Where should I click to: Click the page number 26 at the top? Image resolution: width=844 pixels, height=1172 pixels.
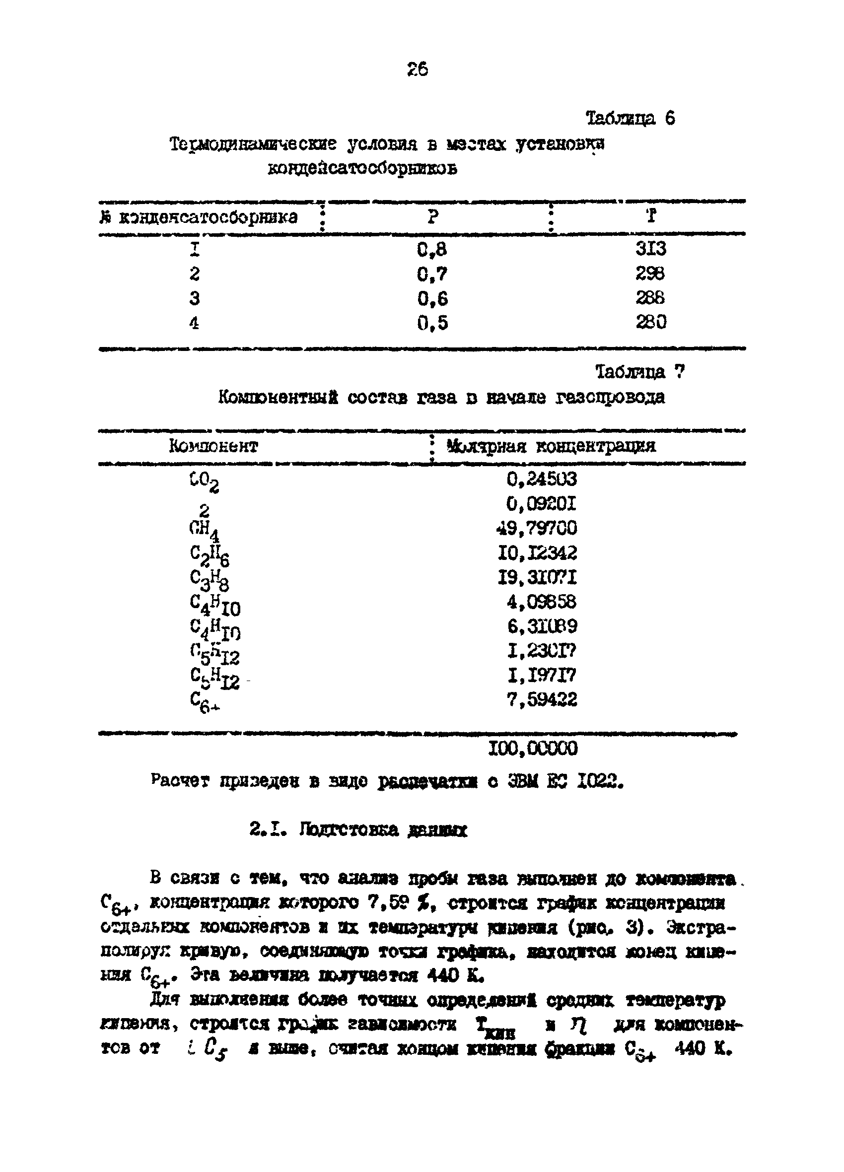tap(418, 69)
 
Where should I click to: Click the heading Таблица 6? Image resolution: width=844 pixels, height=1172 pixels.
tap(630, 119)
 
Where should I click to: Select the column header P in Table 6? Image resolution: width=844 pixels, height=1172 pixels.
tap(433, 216)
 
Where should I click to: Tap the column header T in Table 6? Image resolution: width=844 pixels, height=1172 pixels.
tap(651, 215)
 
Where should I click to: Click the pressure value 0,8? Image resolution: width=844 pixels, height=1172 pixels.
tap(432, 250)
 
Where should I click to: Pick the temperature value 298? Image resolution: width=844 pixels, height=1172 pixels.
tap(650, 274)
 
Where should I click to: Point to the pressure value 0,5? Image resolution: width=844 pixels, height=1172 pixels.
tap(432, 324)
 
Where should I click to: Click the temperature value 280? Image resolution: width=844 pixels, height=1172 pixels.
tap(651, 322)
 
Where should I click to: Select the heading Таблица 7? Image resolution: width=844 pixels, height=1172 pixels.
tap(640, 371)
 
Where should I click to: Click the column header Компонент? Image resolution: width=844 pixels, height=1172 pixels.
tap(213, 446)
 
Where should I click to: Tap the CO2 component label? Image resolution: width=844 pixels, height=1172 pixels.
tap(204, 483)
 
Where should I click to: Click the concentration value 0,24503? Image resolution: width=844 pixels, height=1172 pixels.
tap(541, 479)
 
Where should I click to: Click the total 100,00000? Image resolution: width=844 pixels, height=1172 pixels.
tap(533, 748)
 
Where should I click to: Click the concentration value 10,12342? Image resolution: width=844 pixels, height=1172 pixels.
tap(537, 553)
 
